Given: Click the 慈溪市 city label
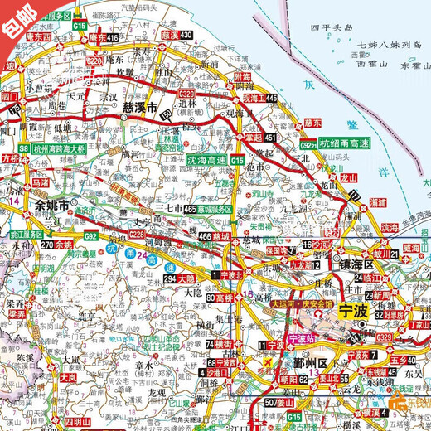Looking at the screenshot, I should [x=143, y=107].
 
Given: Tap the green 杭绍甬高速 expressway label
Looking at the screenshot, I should [x=346, y=143].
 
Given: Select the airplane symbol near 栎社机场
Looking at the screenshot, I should [x=269, y=364].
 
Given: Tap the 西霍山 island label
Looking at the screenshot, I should [x=362, y=63].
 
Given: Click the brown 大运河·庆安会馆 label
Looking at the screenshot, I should [x=301, y=303].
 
